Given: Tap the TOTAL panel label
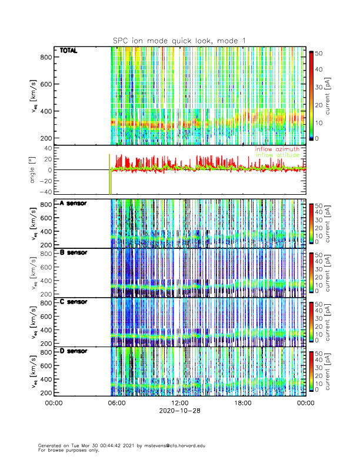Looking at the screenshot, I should pos(69,51).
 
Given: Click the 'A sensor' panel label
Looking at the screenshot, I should pos(74,204).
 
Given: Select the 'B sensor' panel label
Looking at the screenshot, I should pos(74,252).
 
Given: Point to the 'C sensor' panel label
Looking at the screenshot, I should pos(74,302).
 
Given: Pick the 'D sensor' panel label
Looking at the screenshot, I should pos(74,351).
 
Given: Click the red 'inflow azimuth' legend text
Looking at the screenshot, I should pos(277,149).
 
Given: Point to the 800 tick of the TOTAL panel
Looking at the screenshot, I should pos(46,56).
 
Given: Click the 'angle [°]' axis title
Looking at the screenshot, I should pos(34,170).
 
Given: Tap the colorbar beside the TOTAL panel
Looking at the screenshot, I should pos(311,96).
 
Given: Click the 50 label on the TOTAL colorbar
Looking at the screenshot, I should pos(319,53).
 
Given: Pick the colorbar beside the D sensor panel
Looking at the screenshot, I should pos(311,372).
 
